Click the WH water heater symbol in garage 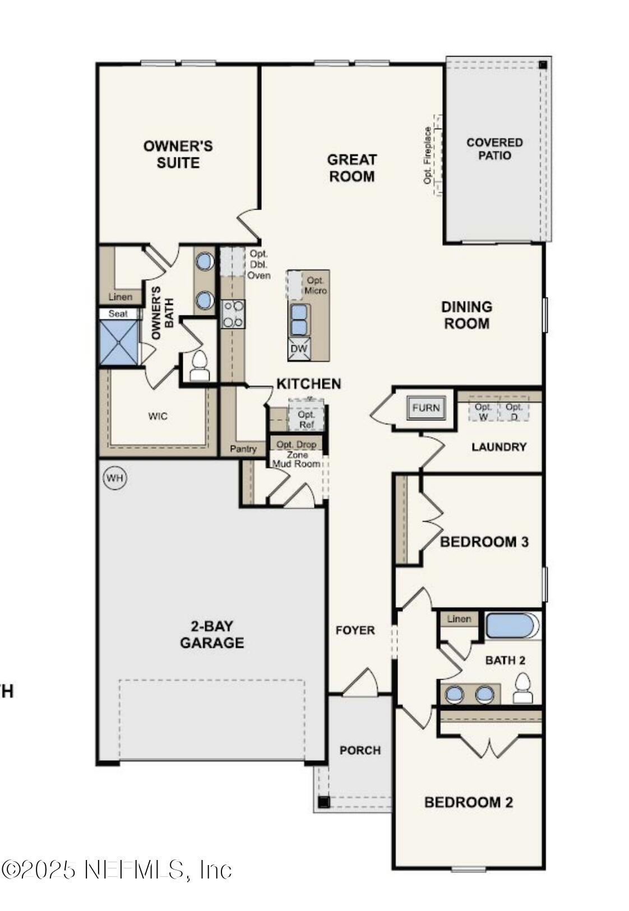pyautogui.click(x=115, y=478)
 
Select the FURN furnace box pyautogui.click(x=426, y=408)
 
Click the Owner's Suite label pyautogui.click(x=178, y=154)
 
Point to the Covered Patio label pyautogui.click(x=494, y=149)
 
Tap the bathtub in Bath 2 pyautogui.click(x=512, y=626)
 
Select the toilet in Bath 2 pyautogui.click(x=522, y=689)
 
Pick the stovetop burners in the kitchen pyautogui.click(x=233, y=314)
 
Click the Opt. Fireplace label pyautogui.click(x=428, y=155)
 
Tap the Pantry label pyautogui.click(x=243, y=449)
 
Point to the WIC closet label pyautogui.click(x=158, y=416)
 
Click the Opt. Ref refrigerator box pyautogui.click(x=306, y=417)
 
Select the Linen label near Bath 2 pyautogui.click(x=459, y=619)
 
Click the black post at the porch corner pyautogui.click(x=323, y=802)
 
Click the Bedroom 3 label pyautogui.click(x=484, y=542)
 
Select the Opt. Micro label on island pyautogui.click(x=316, y=286)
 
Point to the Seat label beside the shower pyautogui.click(x=118, y=314)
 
